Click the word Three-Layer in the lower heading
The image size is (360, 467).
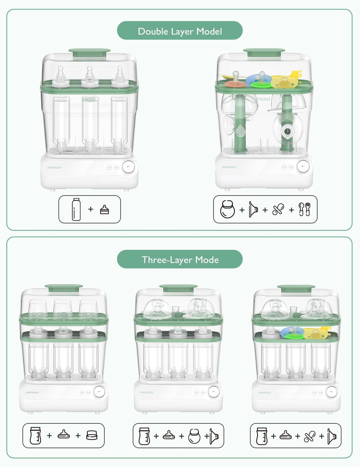click(x=167, y=260)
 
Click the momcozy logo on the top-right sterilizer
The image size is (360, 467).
click(x=229, y=167)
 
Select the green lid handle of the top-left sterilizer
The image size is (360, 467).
click(x=89, y=53)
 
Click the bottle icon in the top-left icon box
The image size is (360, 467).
click(x=76, y=209)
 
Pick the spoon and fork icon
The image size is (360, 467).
click(x=305, y=209)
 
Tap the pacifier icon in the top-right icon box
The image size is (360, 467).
click(x=278, y=209)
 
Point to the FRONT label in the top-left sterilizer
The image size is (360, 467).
click(x=89, y=100)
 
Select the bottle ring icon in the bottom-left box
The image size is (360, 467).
click(x=92, y=436)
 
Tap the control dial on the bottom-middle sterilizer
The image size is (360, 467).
click(x=214, y=391)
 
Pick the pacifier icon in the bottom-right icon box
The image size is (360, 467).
click(x=310, y=436)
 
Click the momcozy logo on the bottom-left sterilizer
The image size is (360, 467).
click(x=32, y=392)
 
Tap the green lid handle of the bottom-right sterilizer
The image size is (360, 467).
click(x=296, y=288)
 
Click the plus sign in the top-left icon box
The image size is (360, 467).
click(x=91, y=209)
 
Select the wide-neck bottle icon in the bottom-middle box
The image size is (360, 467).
click(x=144, y=436)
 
